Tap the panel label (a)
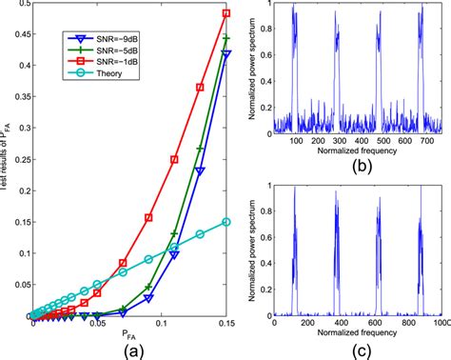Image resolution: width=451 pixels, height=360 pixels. pyautogui.click(x=129, y=349)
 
